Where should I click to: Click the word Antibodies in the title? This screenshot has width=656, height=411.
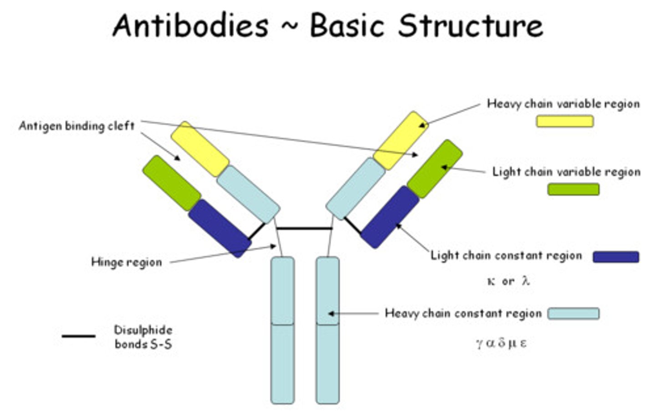[x=190, y=26]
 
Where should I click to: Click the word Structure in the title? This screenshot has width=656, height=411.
[x=471, y=26]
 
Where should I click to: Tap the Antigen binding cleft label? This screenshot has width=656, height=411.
[x=77, y=126]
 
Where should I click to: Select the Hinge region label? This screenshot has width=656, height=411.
[x=127, y=262]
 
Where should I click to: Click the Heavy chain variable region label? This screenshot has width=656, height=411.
[x=563, y=104]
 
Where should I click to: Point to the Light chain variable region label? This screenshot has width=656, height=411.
[x=566, y=172]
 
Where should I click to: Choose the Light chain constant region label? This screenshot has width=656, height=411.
[x=507, y=255]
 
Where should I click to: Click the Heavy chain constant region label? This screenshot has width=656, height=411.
[x=463, y=313]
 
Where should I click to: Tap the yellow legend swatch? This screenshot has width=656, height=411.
[x=564, y=121]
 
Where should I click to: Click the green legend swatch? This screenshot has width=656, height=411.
[x=573, y=189]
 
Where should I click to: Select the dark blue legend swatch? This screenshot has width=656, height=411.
[x=615, y=257]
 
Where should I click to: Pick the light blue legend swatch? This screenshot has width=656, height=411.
[x=573, y=314]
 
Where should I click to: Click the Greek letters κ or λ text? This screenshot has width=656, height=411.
[x=508, y=281]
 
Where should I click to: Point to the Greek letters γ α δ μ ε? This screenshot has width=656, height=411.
[x=501, y=343]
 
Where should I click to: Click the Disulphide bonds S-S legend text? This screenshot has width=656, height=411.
[x=143, y=337]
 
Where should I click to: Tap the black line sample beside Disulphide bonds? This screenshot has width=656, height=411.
[x=78, y=336]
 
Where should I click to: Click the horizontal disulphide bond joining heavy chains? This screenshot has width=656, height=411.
[x=304, y=228]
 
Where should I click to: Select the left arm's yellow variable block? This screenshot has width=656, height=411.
[x=200, y=149]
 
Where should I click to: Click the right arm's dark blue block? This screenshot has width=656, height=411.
[x=389, y=217]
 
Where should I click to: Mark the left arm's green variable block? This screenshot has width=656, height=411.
[x=172, y=183]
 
